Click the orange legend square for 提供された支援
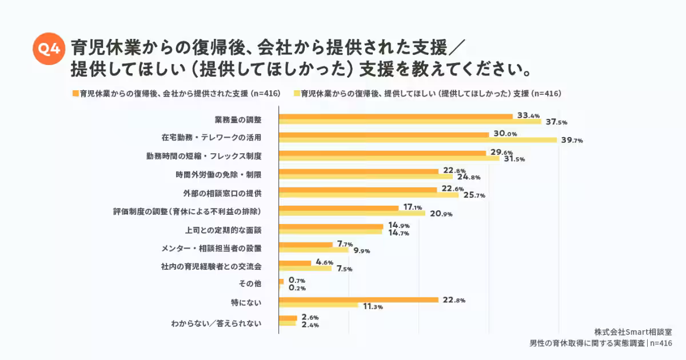[x=75, y=93]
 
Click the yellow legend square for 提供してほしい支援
[x=296, y=93]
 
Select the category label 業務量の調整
[x=238, y=119]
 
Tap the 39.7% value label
[x=571, y=141]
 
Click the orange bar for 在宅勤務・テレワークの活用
[x=383, y=134]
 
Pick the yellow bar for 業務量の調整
[x=409, y=122]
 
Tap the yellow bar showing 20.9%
[x=352, y=213]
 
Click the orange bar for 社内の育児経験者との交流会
[x=295, y=262]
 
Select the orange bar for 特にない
[x=358, y=299]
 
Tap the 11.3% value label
[x=373, y=307]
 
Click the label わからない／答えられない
[x=216, y=323]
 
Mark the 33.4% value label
[x=529, y=115]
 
